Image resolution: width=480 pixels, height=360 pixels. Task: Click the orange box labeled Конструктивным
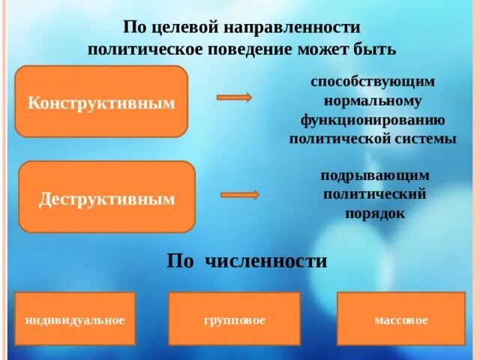(100, 101)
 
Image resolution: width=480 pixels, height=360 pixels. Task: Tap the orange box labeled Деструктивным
(106, 197)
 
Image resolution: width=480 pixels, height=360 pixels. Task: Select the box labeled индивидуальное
(74, 320)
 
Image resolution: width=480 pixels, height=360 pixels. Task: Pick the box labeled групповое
(234, 320)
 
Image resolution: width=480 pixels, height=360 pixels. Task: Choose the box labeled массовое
(401, 320)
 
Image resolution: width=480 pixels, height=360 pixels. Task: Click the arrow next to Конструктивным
(234, 97)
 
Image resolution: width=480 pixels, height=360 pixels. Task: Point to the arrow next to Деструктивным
(240, 194)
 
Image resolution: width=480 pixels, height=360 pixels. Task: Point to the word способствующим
(373, 80)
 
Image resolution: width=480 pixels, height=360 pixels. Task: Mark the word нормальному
(373, 100)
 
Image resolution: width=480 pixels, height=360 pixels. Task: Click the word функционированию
(373, 119)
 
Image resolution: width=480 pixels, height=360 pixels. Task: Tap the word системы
(425, 139)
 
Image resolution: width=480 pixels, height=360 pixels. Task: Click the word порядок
(375, 213)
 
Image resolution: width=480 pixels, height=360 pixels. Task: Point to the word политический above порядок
(375, 193)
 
